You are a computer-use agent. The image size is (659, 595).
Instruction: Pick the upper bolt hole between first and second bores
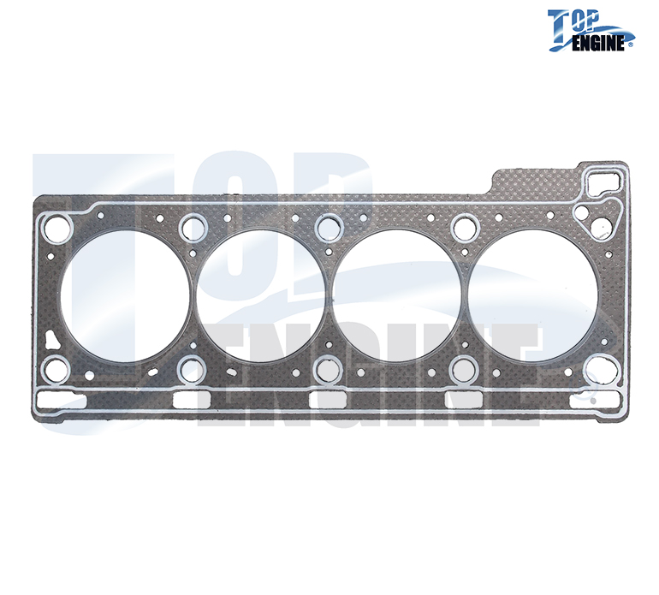tap(192, 228)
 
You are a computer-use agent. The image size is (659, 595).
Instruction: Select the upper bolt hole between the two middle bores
tap(328, 228)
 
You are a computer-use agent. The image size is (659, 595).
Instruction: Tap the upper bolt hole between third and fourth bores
tap(464, 228)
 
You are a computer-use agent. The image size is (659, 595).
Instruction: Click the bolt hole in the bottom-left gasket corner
tap(56, 370)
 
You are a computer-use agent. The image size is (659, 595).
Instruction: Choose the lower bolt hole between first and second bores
tap(192, 370)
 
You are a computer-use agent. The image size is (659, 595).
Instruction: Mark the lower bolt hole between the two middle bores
tap(328, 370)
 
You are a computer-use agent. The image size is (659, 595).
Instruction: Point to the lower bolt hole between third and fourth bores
tap(464, 370)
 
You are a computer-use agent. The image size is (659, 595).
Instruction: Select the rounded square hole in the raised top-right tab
tap(604, 181)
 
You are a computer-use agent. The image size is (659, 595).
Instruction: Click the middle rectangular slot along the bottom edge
tap(327, 401)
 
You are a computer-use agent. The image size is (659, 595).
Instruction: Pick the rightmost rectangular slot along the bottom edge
tap(591, 401)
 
